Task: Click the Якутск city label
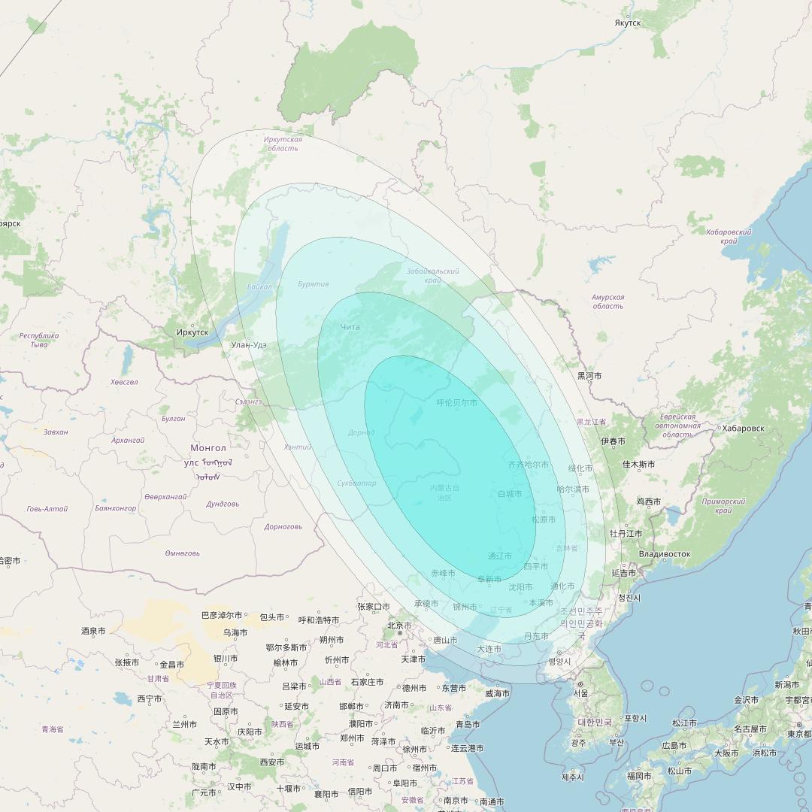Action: coord(628,23)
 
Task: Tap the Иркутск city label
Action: coord(192,332)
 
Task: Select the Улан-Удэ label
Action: coord(249,345)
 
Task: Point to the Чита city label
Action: coord(350,327)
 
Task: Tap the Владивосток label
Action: coord(664,554)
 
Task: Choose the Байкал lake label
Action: coord(259,287)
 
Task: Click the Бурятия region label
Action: coord(313,284)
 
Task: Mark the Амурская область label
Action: coord(607,301)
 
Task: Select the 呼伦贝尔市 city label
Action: coord(456,403)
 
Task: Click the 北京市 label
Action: coord(399,626)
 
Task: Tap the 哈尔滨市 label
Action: coord(573,489)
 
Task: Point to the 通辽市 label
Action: coord(500,556)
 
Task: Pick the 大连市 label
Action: coord(489,649)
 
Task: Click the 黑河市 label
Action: coord(589,375)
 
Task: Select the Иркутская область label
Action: coord(283,144)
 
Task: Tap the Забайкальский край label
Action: coord(432,275)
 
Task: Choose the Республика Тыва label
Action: coord(39,340)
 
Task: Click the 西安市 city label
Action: coord(272,762)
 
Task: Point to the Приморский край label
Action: coord(723,506)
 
